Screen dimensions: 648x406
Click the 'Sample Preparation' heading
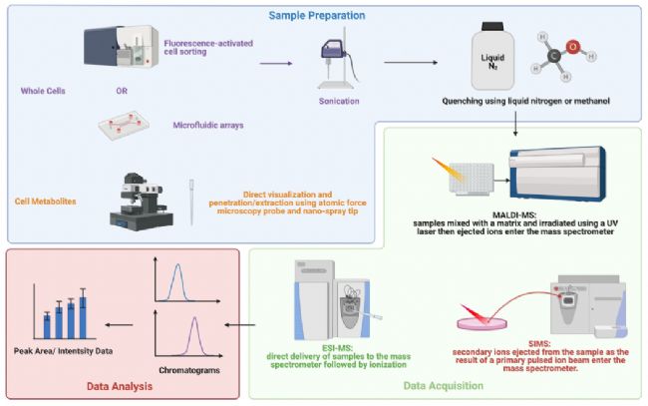tap(317, 16)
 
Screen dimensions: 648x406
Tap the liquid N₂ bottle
tap(492, 56)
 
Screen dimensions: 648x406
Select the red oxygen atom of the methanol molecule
tap(573, 47)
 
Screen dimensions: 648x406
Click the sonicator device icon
tap(337, 63)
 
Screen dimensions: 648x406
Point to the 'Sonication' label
tap(339, 101)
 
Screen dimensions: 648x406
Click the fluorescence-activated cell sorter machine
tap(122, 47)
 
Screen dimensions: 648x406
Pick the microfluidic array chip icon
tap(124, 125)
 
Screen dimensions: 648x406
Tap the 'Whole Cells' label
tap(43, 91)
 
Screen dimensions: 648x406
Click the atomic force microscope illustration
tap(142, 202)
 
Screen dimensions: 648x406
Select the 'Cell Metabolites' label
tap(46, 202)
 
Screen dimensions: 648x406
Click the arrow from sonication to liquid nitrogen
tap(411, 63)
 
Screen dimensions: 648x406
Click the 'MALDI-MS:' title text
tap(514, 215)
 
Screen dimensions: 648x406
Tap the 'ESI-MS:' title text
tap(338, 348)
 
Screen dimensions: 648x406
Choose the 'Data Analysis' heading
tap(120, 386)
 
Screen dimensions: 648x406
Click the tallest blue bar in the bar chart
tap(83, 317)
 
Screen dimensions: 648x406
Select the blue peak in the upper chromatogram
tap(177, 282)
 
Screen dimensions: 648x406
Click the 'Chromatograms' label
tap(189, 370)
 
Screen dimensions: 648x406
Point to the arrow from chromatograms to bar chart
tap(119, 325)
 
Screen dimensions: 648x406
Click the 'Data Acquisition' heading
tap(443, 386)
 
